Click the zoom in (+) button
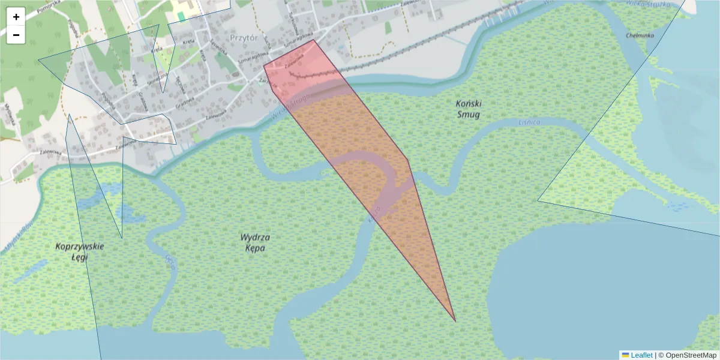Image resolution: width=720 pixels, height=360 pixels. pos(16,17)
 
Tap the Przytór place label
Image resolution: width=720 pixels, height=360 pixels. pos(243,37)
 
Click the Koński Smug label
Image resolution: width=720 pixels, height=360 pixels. pos(468,109)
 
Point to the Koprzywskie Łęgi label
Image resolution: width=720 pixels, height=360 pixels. pos(80,251)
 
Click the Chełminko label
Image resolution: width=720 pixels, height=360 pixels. pos(640,35)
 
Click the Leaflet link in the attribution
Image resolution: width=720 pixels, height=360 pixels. pos(641,355)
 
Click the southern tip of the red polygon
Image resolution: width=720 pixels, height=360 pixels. pos(455,321)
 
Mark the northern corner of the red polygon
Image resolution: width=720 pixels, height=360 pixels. pos(313,40)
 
